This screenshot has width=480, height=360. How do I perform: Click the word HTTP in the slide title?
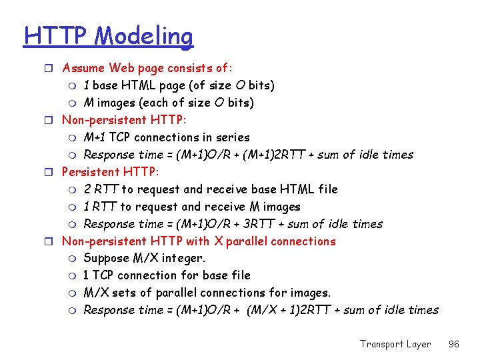pos(55,35)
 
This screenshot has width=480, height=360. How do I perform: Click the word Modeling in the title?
pos(143,37)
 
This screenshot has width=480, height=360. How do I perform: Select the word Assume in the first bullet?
pos(83,68)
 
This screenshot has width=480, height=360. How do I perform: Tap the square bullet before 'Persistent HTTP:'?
pos(53,172)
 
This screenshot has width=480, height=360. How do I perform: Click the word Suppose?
pos(109,259)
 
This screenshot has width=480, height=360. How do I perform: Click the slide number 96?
pos(453,344)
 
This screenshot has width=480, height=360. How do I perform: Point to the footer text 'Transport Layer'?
pos(395,344)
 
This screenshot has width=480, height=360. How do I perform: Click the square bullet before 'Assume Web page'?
pos(53,68)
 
